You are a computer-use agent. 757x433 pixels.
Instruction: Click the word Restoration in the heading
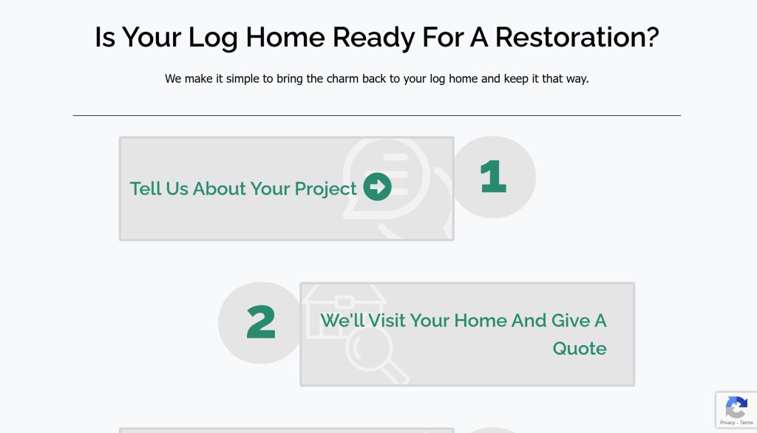(x=577, y=37)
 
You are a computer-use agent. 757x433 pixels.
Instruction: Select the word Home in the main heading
(x=285, y=37)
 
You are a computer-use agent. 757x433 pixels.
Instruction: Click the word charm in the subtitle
(x=343, y=78)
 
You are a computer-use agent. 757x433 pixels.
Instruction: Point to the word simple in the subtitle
(x=242, y=79)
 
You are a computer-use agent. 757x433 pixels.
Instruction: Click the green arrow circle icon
(x=378, y=187)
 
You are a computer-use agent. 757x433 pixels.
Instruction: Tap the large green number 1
(x=493, y=177)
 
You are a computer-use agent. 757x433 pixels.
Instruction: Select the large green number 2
(x=261, y=322)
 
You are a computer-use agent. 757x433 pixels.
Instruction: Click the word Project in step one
(x=325, y=189)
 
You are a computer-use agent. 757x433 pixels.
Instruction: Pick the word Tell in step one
(x=146, y=188)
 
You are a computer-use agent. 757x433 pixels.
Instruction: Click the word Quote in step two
(x=580, y=349)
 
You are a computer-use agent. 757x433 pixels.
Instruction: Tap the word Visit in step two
(x=387, y=321)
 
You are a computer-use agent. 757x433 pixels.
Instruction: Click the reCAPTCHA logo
(x=736, y=407)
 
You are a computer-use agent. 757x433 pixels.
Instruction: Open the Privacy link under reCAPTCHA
(x=727, y=423)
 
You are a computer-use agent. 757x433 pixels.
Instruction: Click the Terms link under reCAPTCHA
(x=747, y=423)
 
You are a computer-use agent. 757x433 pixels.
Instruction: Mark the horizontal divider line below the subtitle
(x=376, y=115)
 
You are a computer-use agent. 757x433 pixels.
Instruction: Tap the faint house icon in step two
(x=344, y=311)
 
